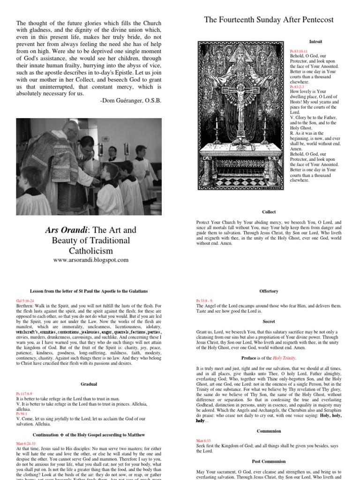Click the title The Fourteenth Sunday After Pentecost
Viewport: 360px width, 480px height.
click(x=269, y=20)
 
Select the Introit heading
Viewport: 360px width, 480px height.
click(x=315, y=42)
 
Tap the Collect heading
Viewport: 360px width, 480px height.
click(x=269, y=211)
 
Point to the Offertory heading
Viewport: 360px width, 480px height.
click(x=269, y=291)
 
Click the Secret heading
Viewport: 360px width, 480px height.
click(x=269, y=323)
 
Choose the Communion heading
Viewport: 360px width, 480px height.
click(x=269, y=431)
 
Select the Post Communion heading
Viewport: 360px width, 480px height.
click(x=269, y=461)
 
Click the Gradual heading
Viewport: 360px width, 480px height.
click(x=89, y=384)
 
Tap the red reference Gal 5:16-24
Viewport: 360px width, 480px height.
click(x=24, y=299)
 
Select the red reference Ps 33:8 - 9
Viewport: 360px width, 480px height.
click(x=205, y=300)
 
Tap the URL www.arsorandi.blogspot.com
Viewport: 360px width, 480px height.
click(x=90, y=260)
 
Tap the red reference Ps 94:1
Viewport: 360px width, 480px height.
click(x=22, y=414)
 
